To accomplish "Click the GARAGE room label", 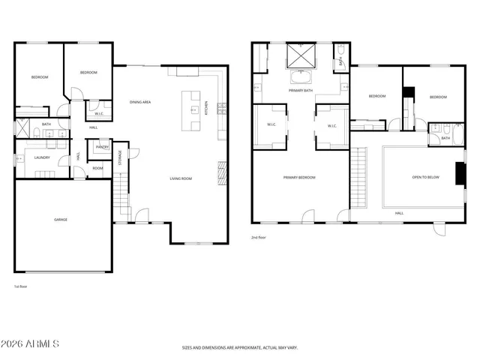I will (x=61, y=220).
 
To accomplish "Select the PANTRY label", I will (x=101, y=148).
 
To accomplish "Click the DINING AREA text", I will (x=141, y=102).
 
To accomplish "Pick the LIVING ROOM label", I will (x=181, y=178).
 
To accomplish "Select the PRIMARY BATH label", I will (x=301, y=91).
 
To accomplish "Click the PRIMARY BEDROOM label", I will (x=299, y=178).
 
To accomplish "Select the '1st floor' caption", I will (x=21, y=286).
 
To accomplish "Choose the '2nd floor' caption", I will (x=259, y=237).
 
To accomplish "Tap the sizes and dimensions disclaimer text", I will (x=240, y=348).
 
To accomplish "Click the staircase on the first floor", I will (x=121, y=193).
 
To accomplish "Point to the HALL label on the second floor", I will (x=399, y=213).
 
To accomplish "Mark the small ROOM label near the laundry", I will (x=98, y=168).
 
